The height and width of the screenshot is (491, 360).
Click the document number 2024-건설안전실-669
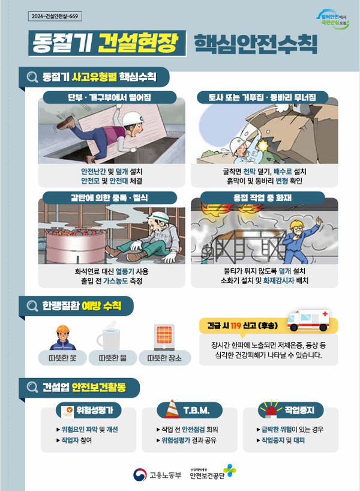pyautogui.click(x=55, y=16)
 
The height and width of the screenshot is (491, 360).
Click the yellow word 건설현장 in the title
pyautogui.click(x=138, y=43)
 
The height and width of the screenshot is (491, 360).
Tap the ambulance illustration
pyautogui.click(x=308, y=320)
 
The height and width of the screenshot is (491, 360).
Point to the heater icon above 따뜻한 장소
pyautogui.click(x=164, y=337)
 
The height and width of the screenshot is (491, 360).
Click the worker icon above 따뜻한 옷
pyautogui.click(x=62, y=337)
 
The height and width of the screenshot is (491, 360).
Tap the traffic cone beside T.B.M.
pyautogui.click(x=172, y=409)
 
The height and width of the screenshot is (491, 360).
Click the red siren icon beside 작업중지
pyautogui.click(x=271, y=409)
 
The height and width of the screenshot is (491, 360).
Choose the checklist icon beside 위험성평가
pyautogui.click(x=67, y=411)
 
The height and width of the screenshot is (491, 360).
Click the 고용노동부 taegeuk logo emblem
pyautogui.click(x=140, y=475)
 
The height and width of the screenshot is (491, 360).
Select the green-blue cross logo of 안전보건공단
pyautogui.click(x=230, y=471)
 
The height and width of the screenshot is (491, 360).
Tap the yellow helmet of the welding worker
pyautogui.click(x=295, y=224)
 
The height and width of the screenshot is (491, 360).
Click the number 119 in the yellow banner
pyautogui.click(x=235, y=326)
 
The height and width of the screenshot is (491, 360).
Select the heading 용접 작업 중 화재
pyautogui.click(x=262, y=197)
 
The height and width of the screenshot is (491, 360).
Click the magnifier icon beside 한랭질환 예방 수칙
pyautogui.click(x=32, y=306)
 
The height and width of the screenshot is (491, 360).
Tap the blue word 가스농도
pyautogui.click(x=116, y=281)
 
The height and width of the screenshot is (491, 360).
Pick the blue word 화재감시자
pyautogui.click(x=278, y=280)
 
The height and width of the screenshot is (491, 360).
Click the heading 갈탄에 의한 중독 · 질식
pyautogui.click(x=109, y=197)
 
